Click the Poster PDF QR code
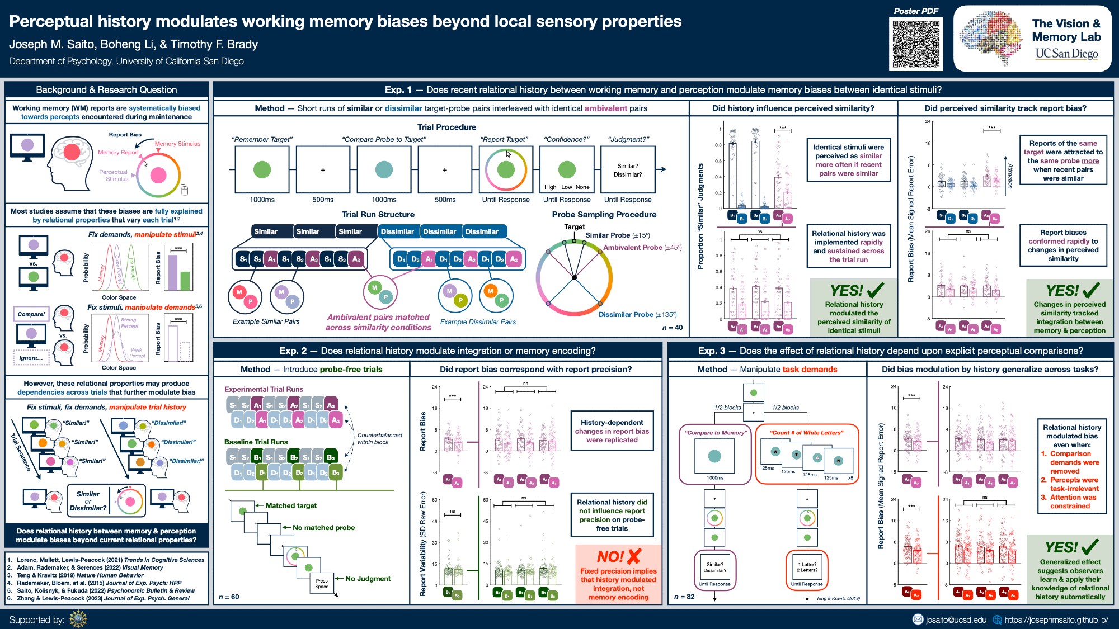tap(916, 44)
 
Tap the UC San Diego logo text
tap(1066, 54)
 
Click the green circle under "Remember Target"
tap(262, 169)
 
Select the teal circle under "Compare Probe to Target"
tap(384, 169)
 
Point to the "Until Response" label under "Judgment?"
tap(628, 200)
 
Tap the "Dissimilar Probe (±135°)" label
tap(637, 315)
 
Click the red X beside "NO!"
tap(634, 556)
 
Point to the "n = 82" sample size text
tap(684, 597)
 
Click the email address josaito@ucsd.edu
tap(956, 619)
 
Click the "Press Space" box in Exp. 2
tap(322, 584)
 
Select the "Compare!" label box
tap(31, 314)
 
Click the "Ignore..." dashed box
tap(31, 358)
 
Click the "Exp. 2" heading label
tap(293, 351)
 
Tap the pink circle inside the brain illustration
tap(72, 152)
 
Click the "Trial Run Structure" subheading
tap(378, 215)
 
